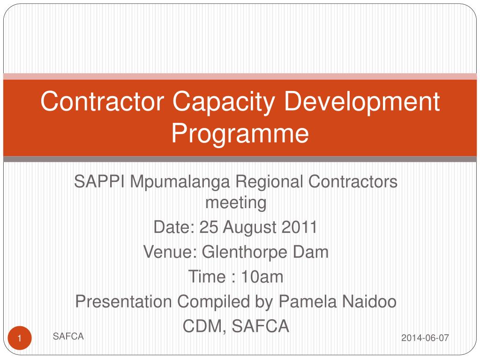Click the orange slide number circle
(20, 338)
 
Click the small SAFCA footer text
(68, 336)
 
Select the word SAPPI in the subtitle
(99, 182)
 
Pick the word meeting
(236, 203)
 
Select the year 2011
(300, 228)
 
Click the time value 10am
(262, 277)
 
